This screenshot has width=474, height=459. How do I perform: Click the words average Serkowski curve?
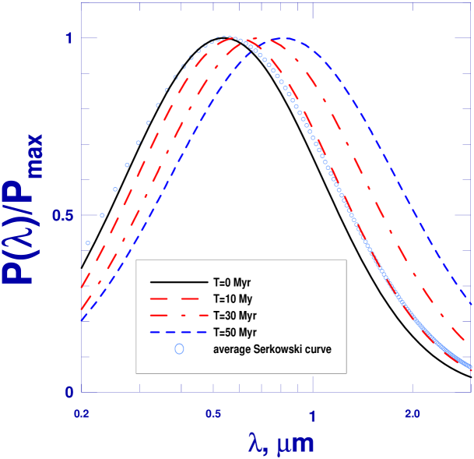(x=272, y=349)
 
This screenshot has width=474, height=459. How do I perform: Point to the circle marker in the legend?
(x=179, y=349)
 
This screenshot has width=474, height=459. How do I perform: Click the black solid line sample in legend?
(x=179, y=281)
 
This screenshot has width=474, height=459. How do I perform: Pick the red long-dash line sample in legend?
(x=179, y=298)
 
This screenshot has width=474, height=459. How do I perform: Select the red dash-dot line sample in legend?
(x=179, y=316)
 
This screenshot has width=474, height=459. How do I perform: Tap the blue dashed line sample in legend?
(x=179, y=333)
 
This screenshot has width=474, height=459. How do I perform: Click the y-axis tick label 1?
(x=68, y=38)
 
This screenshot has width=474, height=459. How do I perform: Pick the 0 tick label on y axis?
(x=68, y=392)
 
